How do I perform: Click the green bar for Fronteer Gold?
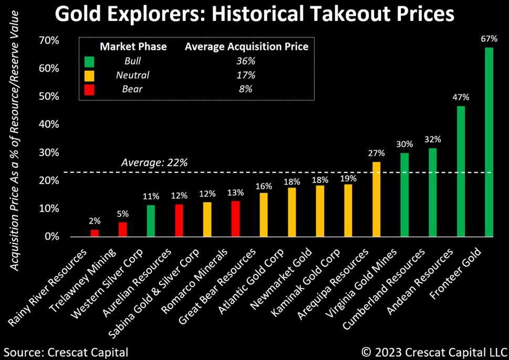coord(489,142)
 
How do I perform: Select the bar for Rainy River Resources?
coord(95,233)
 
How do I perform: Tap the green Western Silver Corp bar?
coord(151,221)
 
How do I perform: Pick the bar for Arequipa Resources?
coord(376,199)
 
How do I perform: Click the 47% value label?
coord(461,97)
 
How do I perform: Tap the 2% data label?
coord(95,221)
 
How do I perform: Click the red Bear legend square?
coord(88,89)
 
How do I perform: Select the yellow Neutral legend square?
coord(88,75)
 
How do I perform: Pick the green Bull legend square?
coord(88,61)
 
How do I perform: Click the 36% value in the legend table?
coord(245,61)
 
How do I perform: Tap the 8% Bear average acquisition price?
coord(245,89)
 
